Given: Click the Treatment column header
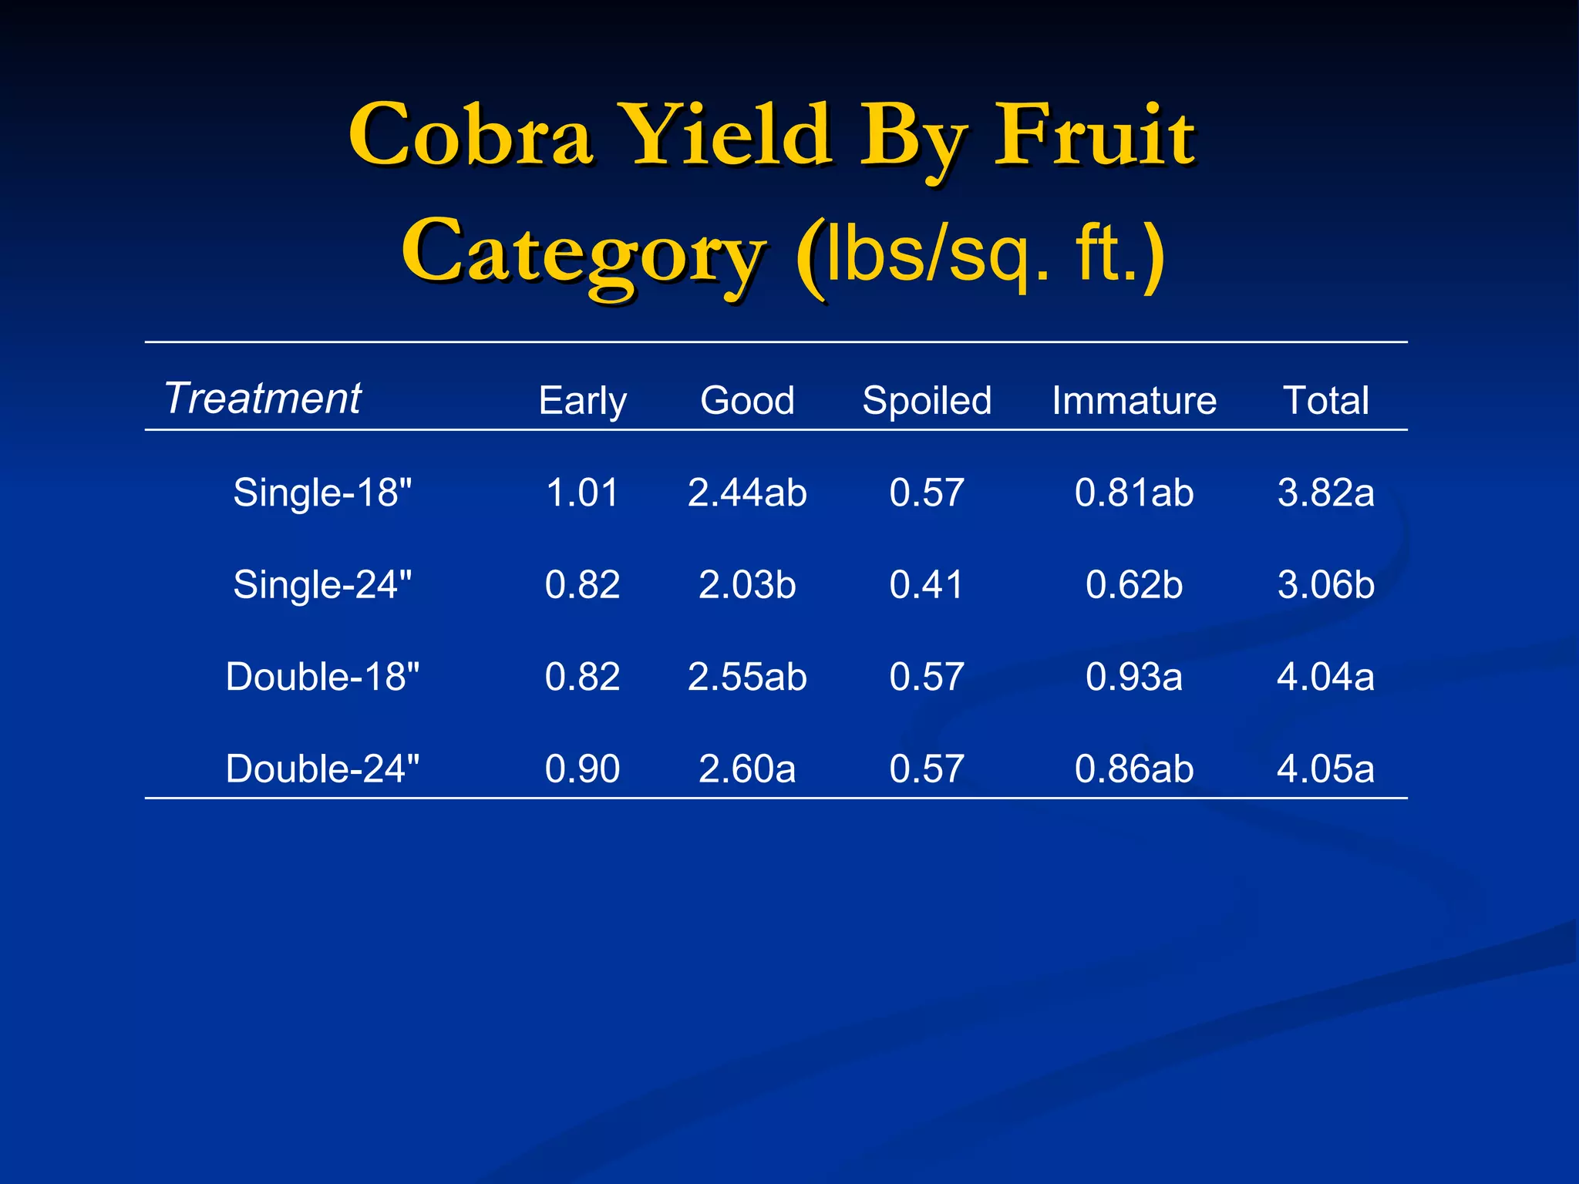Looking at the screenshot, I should coord(263,399).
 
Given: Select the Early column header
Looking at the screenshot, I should coord(582,401).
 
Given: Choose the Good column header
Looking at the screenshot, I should coord(747,401).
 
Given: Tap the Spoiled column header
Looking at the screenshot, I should coord(927,401).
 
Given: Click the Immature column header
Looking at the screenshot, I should coord(1134,401).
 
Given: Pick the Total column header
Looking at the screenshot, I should coord(1326,401).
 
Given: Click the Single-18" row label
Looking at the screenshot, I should coord(322,493).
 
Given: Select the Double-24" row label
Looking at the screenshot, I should coord(322,769).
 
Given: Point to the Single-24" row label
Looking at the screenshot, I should coord(322,584).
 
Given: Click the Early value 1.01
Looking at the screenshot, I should coord(582,493).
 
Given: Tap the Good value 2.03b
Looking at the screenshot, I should coord(747,584).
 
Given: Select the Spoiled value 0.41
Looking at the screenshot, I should coord(927,584).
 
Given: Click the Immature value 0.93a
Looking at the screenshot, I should coord(1134,677).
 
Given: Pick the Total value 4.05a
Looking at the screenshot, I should coord(1325,769).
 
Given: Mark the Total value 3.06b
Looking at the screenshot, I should coord(1325,584).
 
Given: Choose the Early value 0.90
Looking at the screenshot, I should coord(582,769).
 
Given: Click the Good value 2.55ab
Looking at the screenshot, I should coord(747,677).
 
